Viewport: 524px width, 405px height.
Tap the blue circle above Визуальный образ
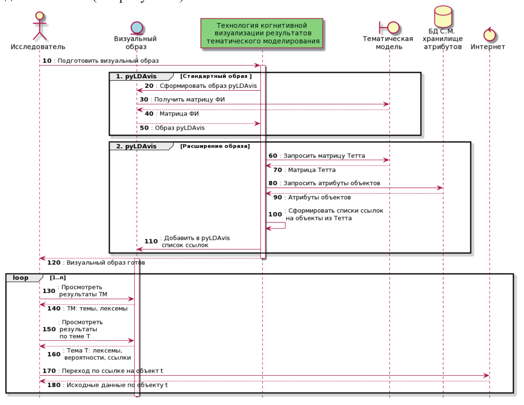point(137,28)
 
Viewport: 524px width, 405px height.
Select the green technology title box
point(262,33)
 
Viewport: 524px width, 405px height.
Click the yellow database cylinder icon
point(443,17)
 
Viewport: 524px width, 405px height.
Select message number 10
point(47,61)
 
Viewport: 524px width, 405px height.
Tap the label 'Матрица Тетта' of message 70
point(312,170)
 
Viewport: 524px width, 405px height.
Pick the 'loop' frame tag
point(21,278)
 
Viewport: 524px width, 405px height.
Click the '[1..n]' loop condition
point(58,278)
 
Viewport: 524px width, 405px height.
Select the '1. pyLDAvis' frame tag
point(136,76)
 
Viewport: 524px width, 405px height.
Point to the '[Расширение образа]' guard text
point(215,146)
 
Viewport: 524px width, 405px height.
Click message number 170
point(49,371)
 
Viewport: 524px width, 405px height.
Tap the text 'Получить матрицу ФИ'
point(189,99)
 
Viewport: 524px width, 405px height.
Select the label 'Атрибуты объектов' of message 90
point(319,197)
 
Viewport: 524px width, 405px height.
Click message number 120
point(54,263)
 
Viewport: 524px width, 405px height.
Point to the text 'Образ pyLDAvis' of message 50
point(179,128)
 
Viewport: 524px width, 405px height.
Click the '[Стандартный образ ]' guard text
point(216,76)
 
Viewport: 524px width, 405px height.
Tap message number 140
point(54,308)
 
